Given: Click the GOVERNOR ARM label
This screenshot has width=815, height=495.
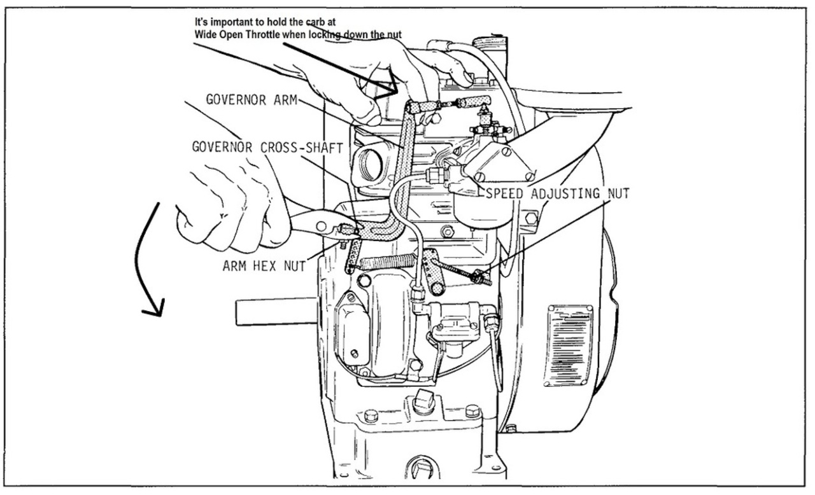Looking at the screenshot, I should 252,101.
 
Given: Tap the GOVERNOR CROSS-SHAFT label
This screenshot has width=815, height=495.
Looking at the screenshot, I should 267,147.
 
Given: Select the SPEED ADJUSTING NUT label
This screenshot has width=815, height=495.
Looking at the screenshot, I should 558,193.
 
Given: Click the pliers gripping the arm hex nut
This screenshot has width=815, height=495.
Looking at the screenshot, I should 312,223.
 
